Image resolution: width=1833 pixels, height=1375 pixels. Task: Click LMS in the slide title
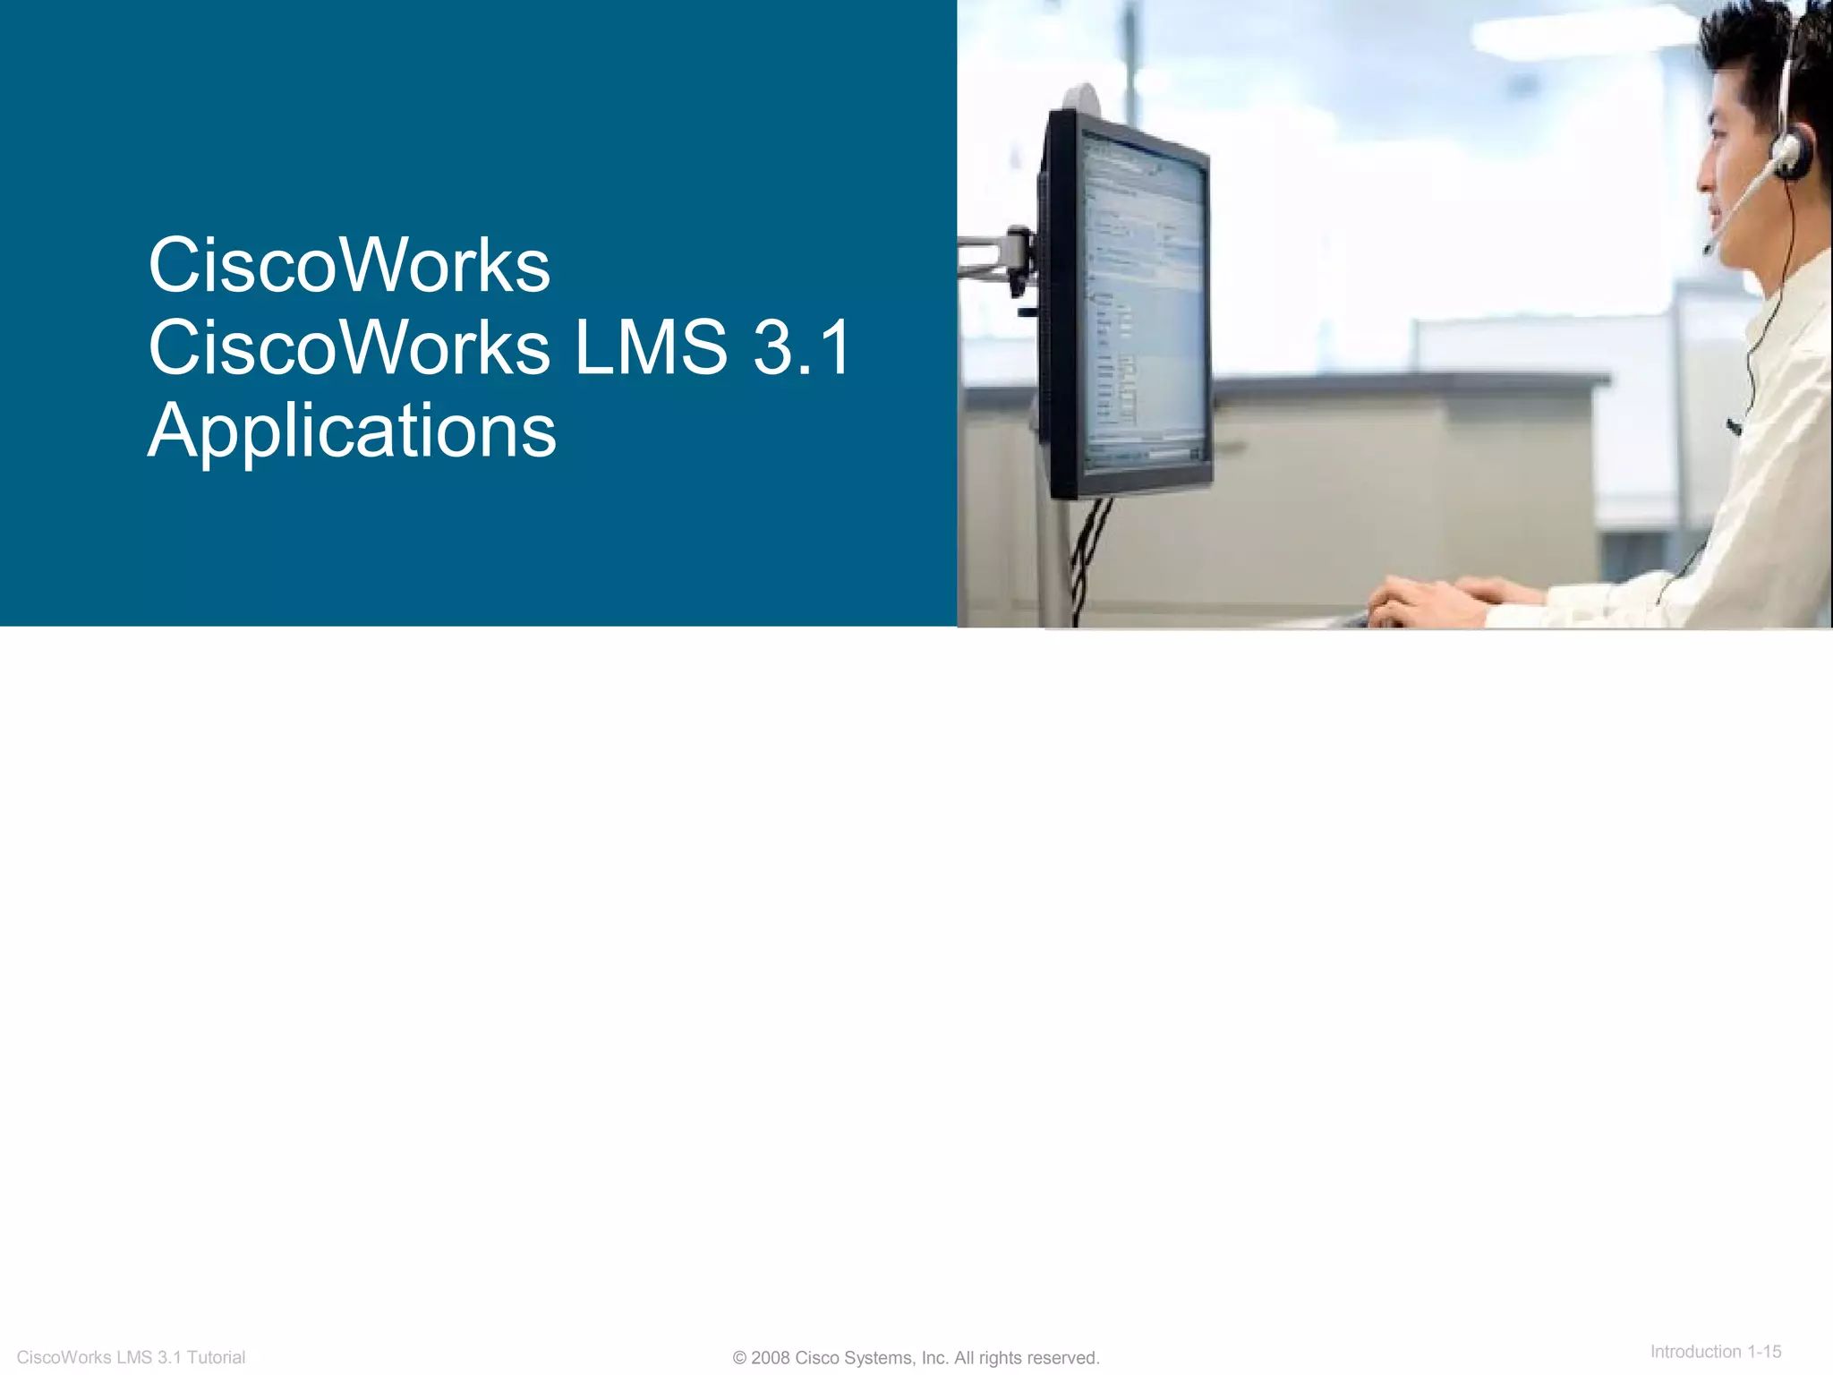[651, 348]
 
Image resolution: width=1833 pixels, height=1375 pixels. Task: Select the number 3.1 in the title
[802, 348]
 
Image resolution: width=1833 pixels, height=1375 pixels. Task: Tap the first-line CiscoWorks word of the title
[349, 266]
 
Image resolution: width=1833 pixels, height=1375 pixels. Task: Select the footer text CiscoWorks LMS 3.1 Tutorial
[131, 1357]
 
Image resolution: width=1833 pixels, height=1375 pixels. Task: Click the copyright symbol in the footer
[739, 1358]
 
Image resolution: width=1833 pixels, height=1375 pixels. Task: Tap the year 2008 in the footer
[770, 1358]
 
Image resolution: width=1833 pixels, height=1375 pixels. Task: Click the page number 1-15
[1764, 1352]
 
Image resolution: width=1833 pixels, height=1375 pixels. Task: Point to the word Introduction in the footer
[1695, 1352]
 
